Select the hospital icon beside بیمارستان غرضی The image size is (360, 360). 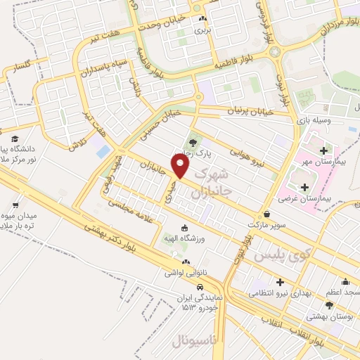click(304, 187)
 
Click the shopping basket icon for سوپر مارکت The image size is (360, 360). click(267, 214)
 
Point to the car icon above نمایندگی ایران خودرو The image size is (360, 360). click(200, 287)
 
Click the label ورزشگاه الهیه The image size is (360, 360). click(184, 242)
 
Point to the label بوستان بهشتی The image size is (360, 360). click(329, 309)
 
